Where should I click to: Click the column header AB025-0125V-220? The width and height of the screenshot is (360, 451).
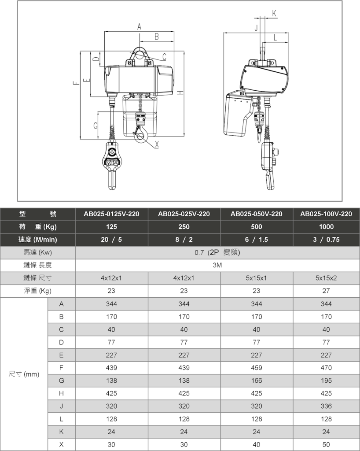point(112,214)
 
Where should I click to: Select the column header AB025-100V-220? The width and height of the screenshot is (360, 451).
point(326,214)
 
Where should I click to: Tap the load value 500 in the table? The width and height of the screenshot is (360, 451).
point(256,227)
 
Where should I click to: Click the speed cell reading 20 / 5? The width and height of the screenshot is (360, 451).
point(112,240)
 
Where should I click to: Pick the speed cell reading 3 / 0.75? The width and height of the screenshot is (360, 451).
point(326,240)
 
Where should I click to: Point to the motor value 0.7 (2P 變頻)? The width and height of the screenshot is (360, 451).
point(217,253)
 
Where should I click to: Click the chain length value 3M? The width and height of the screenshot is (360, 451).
point(217,265)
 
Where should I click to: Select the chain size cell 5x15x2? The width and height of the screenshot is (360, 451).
point(326,278)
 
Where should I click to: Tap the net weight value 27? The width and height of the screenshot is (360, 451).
point(326,291)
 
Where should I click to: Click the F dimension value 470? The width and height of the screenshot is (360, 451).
point(326,368)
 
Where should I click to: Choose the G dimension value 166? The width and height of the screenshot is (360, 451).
point(256,381)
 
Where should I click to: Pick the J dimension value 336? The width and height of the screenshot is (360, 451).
point(326,406)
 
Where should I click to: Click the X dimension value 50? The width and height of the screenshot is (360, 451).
point(326,444)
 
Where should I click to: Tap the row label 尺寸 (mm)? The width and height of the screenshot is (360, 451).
point(24,374)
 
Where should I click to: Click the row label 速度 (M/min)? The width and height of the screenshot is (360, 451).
point(38,240)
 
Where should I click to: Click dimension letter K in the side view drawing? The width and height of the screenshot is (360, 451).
point(274,13)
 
